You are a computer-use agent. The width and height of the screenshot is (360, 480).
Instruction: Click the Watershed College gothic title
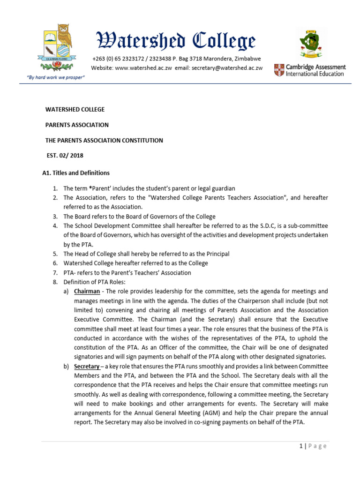pos(176,41)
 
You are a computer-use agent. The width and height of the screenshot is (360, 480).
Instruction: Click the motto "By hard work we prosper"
pos(58,77)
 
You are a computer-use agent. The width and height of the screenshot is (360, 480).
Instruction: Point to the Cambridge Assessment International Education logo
pos(310,70)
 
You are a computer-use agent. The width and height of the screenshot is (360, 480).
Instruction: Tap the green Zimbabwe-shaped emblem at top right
pos(310,44)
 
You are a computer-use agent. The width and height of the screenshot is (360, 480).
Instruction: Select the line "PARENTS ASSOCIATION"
pos(77,125)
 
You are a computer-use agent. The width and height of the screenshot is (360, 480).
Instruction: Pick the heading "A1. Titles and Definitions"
pos(76,173)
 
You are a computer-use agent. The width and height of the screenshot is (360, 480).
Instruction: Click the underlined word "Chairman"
pos(87,291)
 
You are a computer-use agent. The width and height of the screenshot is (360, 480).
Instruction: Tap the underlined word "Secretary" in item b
pos(87,367)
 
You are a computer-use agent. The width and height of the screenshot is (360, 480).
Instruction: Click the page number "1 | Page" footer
pos(313,446)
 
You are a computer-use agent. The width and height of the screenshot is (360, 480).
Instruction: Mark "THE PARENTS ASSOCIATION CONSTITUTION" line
pos(104,140)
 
